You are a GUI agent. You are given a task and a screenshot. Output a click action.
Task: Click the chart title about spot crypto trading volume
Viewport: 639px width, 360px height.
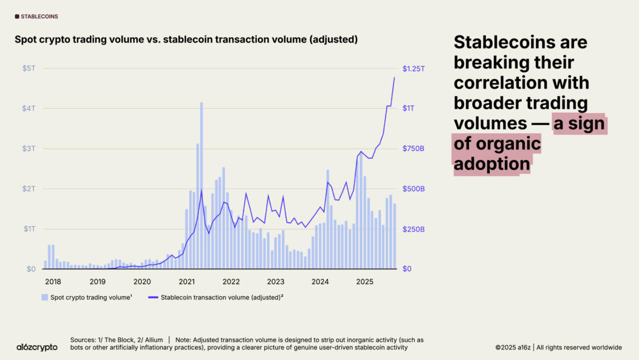pyautogui.click(x=186, y=40)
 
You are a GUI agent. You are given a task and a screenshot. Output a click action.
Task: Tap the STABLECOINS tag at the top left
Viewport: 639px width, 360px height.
pyautogui.click(x=37, y=17)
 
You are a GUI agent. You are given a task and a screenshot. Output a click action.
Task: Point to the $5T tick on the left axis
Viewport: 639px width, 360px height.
pyautogui.click(x=29, y=68)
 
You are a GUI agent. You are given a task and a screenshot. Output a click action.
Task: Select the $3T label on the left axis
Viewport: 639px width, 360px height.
pyautogui.click(x=29, y=149)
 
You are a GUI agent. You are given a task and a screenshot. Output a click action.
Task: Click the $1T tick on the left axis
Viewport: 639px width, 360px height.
pyautogui.click(x=29, y=229)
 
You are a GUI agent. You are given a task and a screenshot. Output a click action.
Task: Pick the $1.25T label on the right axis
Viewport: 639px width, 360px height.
pyautogui.click(x=413, y=68)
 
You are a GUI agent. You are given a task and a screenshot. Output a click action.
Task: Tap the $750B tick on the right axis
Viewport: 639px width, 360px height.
pyautogui.click(x=413, y=149)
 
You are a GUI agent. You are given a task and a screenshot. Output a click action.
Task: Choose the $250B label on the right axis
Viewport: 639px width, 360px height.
pyautogui.click(x=413, y=229)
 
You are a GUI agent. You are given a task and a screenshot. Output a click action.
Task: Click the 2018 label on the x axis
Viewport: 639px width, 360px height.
pyautogui.click(x=53, y=281)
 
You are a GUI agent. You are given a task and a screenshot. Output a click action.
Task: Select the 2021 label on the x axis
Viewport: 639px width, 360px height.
pyautogui.click(x=186, y=281)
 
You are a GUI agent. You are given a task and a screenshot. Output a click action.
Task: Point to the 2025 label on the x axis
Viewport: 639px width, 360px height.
pyautogui.click(x=364, y=281)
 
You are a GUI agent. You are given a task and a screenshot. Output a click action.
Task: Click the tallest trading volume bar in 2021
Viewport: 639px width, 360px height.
pyautogui.click(x=202, y=185)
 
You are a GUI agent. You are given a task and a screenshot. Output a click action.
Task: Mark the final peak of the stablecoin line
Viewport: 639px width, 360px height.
pyautogui.click(x=394, y=78)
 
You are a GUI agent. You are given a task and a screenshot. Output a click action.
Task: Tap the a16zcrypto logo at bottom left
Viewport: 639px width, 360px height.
pyautogui.click(x=37, y=347)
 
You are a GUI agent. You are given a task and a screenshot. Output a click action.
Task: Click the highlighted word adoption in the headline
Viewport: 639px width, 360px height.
pyautogui.click(x=492, y=164)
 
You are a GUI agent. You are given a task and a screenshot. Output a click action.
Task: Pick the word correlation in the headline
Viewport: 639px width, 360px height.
pyautogui.click(x=521, y=83)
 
